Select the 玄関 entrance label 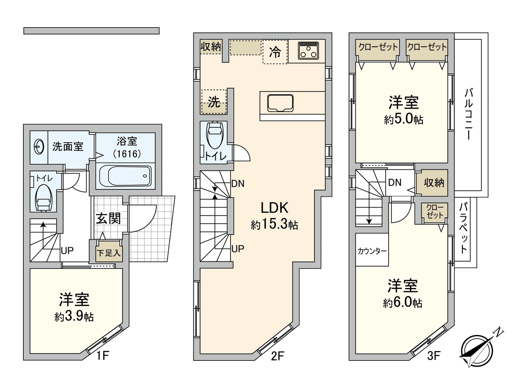click(108, 219)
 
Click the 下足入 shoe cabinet click(108, 252)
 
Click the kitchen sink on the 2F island click(280, 103)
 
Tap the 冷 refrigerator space click(275, 52)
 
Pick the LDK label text click(274, 208)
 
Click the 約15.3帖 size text click(274, 224)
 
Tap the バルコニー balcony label click(469, 113)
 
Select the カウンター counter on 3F click(372, 251)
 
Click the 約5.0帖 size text click(404, 120)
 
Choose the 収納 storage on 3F click(434, 183)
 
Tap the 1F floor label click(102, 356)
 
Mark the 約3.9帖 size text click(74, 316)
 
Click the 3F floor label click(433, 356)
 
